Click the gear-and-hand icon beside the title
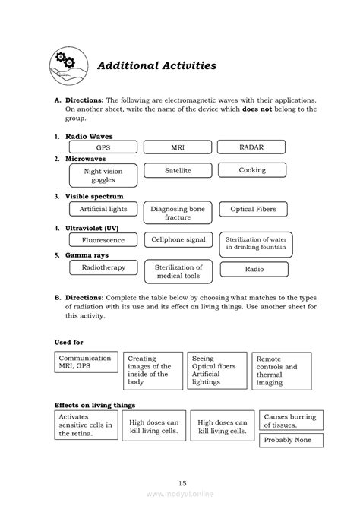tap(68, 64)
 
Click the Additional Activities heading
tap(156, 65)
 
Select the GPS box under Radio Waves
tap(103, 147)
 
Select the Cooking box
tap(252, 171)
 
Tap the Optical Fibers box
tap(253, 209)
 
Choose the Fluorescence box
tap(103, 240)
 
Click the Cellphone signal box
tap(178, 240)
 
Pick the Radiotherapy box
tap(103, 268)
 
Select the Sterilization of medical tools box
tap(178, 272)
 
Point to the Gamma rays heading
tap(87, 255)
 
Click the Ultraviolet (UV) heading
tap(94, 227)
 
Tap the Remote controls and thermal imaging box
tap(282, 371)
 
